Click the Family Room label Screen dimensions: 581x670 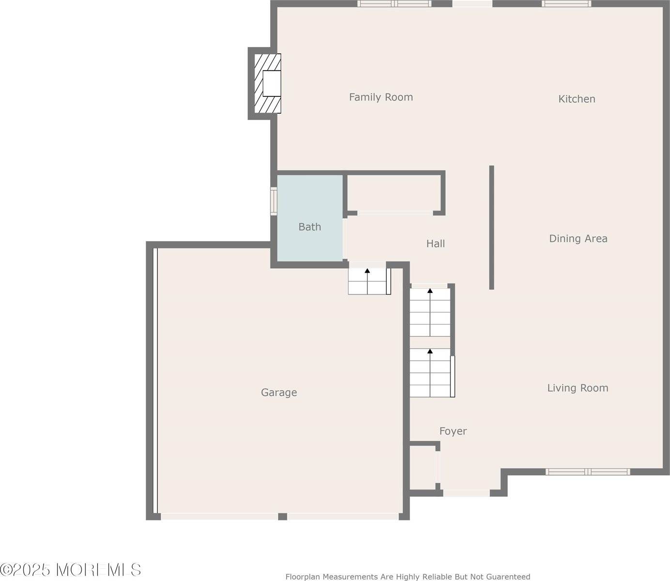coord(381,97)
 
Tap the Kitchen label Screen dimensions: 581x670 coord(577,99)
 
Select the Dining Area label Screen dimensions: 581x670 coord(578,238)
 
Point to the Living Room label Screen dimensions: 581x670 coord(577,388)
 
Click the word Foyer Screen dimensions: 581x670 coord(453,431)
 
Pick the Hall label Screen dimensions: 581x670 coord(435,244)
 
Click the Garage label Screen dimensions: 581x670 coord(279,392)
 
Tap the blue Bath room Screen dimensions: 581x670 coord(310,218)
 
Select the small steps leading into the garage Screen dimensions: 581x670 coord(368,281)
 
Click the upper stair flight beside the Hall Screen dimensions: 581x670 coord(430,312)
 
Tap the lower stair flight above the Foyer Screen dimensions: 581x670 coord(430,373)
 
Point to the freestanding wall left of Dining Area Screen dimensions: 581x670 coord(491,228)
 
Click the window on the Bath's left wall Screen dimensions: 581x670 coord(274,201)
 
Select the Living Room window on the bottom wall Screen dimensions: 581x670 coord(588,472)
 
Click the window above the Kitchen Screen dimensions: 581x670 coord(566,4)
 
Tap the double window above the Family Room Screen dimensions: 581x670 coord(394,4)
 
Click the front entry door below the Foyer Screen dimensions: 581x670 coord(466,493)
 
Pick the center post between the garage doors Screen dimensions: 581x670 coord(282,517)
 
